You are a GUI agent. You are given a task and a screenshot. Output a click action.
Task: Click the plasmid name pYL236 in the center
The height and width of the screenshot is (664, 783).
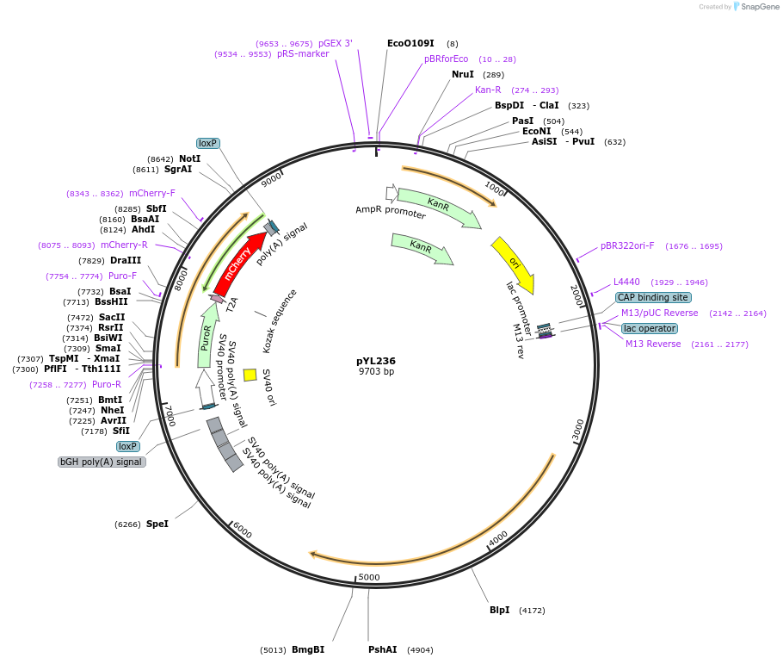pyautogui.click(x=376, y=361)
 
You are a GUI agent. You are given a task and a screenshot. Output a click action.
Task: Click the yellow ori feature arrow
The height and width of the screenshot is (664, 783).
pyautogui.click(x=514, y=264)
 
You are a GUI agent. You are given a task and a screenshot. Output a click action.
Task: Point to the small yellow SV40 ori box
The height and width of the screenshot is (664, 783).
pyautogui.click(x=250, y=375)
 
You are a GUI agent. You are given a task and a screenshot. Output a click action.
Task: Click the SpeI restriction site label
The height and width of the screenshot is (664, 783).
pyautogui.click(x=157, y=524)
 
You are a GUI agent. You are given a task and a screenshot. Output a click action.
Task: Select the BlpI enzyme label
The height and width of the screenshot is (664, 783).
pyautogui.click(x=500, y=610)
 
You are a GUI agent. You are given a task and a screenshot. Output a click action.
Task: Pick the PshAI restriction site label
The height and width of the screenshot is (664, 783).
pyautogui.click(x=383, y=649)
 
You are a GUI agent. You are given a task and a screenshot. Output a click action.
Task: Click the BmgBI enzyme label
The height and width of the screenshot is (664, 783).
pyautogui.click(x=308, y=649)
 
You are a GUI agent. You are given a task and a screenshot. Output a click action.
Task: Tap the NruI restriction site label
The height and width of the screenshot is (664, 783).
pyautogui.click(x=463, y=75)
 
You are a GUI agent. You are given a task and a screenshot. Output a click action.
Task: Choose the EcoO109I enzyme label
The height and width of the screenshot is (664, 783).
pyautogui.click(x=410, y=43)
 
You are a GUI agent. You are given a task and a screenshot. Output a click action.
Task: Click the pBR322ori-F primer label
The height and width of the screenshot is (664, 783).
pyautogui.click(x=627, y=246)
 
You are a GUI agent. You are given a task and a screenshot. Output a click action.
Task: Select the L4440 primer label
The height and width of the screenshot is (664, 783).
pyautogui.click(x=626, y=282)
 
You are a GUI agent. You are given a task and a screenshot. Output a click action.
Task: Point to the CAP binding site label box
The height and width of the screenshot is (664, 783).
pyautogui.click(x=652, y=297)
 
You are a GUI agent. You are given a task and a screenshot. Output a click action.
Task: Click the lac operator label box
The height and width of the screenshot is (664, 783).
pyautogui.click(x=649, y=328)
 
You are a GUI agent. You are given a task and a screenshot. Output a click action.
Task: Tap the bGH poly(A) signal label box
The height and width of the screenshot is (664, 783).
pyautogui.click(x=102, y=462)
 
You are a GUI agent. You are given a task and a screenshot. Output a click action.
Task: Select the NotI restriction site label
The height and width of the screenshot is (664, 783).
pyautogui.click(x=189, y=158)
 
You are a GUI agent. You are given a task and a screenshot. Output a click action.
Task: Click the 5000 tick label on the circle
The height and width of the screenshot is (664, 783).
pyautogui.click(x=369, y=577)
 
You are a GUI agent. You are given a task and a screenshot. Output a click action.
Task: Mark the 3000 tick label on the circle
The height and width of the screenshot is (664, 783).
pyautogui.click(x=578, y=428)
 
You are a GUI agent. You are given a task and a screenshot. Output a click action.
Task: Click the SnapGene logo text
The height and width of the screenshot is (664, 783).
pyautogui.click(x=760, y=7)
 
